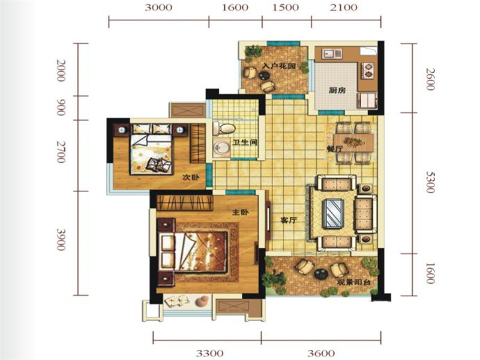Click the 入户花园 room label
point(279,66)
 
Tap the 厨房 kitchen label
point(337,91)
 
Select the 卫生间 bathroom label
point(245,142)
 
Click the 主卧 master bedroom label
point(241,212)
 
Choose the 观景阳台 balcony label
point(353,282)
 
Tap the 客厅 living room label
point(289,220)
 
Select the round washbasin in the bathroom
point(221,148)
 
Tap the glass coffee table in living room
point(333,213)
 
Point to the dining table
point(354,143)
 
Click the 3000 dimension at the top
point(158,7)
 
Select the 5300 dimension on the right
point(430,182)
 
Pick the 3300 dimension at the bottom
point(209,353)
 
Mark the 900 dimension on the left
point(61,107)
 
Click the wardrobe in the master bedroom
point(185,203)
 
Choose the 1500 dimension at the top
point(286,7)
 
